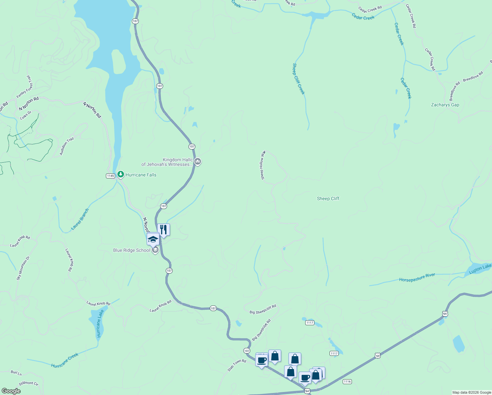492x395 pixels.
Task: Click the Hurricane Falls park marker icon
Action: click(x=121, y=174)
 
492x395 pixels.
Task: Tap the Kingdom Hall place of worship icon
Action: click(x=197, y=161)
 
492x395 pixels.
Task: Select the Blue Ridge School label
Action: click(x=132, y=250)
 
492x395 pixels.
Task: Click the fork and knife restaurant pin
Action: click(x=163, y=230)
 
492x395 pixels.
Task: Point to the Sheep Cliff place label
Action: click(x=328, y=198)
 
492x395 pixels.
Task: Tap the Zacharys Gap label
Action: click(x=445, y=105)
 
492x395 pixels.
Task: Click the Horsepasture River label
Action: click(x=417, y=277)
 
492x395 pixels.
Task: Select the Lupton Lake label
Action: click(x=480, y=269)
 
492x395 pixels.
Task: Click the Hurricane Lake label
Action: click(x=99, y=323)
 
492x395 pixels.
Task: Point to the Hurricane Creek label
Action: click(x=65, y=360)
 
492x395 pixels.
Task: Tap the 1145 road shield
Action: click(x=110, y=176)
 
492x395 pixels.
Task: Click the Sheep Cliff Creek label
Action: click(x=299, y=79)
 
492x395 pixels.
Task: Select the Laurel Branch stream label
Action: click(x=80, y=219)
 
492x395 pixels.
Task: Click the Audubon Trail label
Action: click(x=67, y=146)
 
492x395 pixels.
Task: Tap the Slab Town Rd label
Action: click(x=237, y=365)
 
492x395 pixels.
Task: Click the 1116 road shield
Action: click(x=347, y=382)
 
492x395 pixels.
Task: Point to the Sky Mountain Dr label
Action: click(x=23, y=268)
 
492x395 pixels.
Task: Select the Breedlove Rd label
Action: click(x=473, y=77)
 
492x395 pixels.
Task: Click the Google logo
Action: click(x=11, y=391)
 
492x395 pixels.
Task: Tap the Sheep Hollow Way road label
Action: click(x=262, y=165)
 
